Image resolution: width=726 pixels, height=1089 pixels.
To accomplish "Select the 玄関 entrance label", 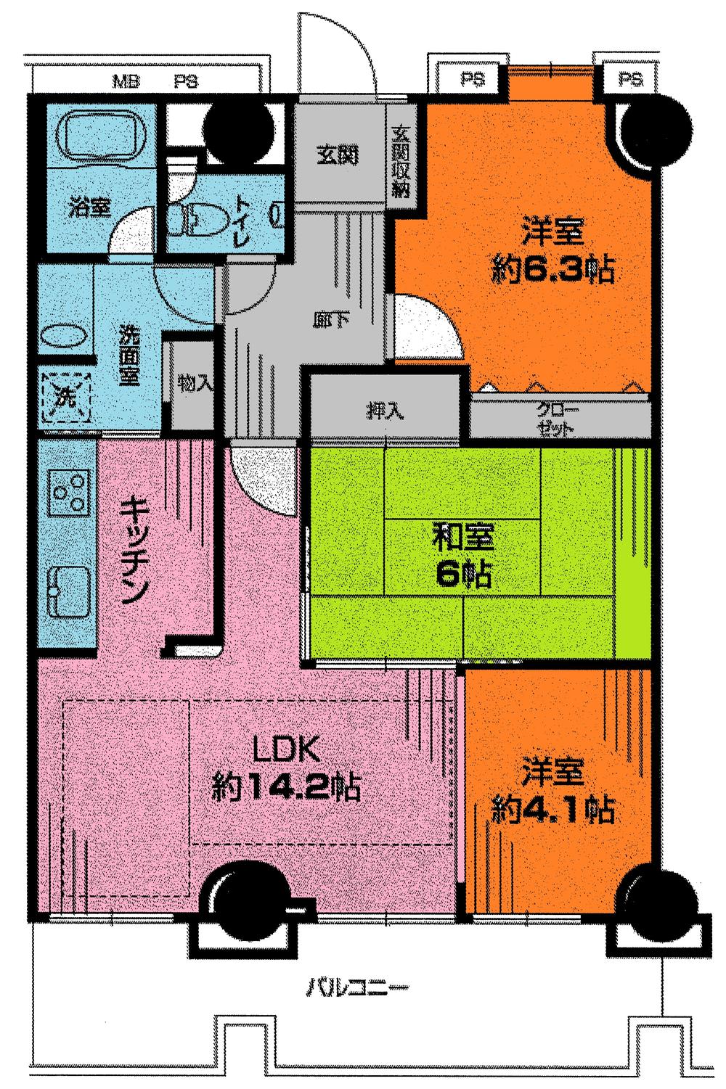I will (x=338, y=157).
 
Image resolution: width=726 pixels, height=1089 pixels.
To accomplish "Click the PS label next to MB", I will (x=186, y=81).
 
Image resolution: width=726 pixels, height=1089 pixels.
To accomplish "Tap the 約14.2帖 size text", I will (x=287, y=786).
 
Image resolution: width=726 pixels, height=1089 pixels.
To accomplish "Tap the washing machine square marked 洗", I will (x=66, y=397).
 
